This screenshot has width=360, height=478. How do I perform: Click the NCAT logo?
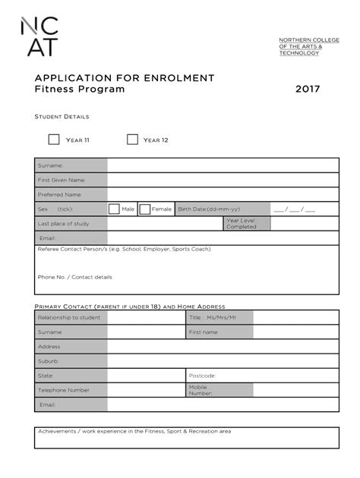(37, 37)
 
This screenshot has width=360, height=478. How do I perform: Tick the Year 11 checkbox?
(54, 140)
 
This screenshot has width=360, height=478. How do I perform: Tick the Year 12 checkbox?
(132, 140)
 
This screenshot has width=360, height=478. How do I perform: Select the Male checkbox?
(114, 209)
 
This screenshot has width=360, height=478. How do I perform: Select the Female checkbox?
(144, 209)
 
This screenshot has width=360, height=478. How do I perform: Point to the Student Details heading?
(62, 117)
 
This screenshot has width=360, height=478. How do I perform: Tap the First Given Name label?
(62, 180)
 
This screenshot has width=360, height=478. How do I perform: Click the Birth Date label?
(209, 209)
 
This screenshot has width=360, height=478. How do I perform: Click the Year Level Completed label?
(242, 223)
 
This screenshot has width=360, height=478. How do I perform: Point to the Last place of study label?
(64, 223)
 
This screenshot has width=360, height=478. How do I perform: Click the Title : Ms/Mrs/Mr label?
(213, 317)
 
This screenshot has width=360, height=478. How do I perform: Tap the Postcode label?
(202, 375)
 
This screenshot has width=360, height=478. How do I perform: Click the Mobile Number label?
(201, 390)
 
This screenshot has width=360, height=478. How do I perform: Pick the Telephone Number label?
(64, 390)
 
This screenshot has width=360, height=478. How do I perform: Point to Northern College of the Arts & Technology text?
(300, 46)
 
